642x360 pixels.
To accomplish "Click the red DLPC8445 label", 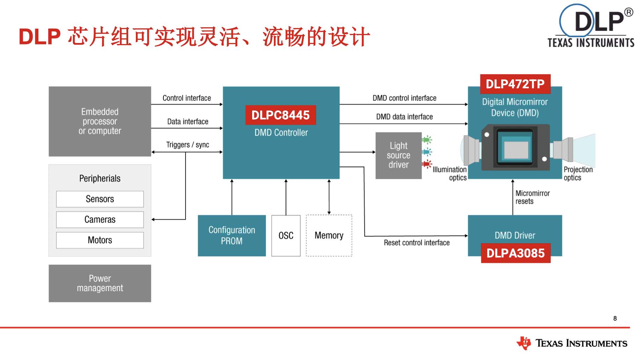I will click(280, 115).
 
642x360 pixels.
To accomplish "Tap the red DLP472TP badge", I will click(515, 84).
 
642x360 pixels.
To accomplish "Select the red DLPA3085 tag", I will click(516, 253).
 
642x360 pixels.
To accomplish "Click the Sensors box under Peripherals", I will click(100, 199).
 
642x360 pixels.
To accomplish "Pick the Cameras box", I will click(100, 219).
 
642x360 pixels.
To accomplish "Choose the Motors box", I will click(100, 240).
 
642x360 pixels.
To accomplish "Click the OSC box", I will click(286, 236).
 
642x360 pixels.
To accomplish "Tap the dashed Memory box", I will click(329, 236).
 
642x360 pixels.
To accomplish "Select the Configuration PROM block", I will click(232, 236).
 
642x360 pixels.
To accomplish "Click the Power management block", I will click(100, 283).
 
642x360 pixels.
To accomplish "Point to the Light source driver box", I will click(399, 155).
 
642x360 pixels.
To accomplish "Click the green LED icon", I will click(427, 140).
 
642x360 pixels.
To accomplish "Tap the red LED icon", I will click(427, 164).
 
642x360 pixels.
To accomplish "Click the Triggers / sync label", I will click(188, 145).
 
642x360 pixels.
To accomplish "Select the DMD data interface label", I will click(404, 117).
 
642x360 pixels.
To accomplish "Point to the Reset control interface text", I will click(417, 243).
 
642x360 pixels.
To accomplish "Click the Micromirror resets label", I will click(532, 197).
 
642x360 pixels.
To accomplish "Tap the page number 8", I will click(615, 318).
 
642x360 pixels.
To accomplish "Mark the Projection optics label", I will click(578, 173).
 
